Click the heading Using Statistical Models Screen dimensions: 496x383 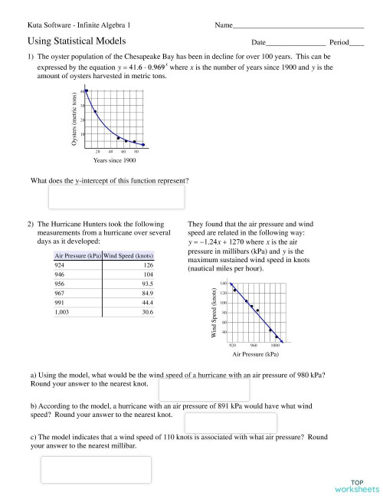[x=77, y=41]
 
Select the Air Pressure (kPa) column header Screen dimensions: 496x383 [x=78, y=255]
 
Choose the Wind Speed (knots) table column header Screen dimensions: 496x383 [x=129, y=255]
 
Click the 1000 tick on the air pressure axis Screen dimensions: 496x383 [x=274, y=346]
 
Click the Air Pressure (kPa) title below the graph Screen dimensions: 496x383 [x=254, y=355]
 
